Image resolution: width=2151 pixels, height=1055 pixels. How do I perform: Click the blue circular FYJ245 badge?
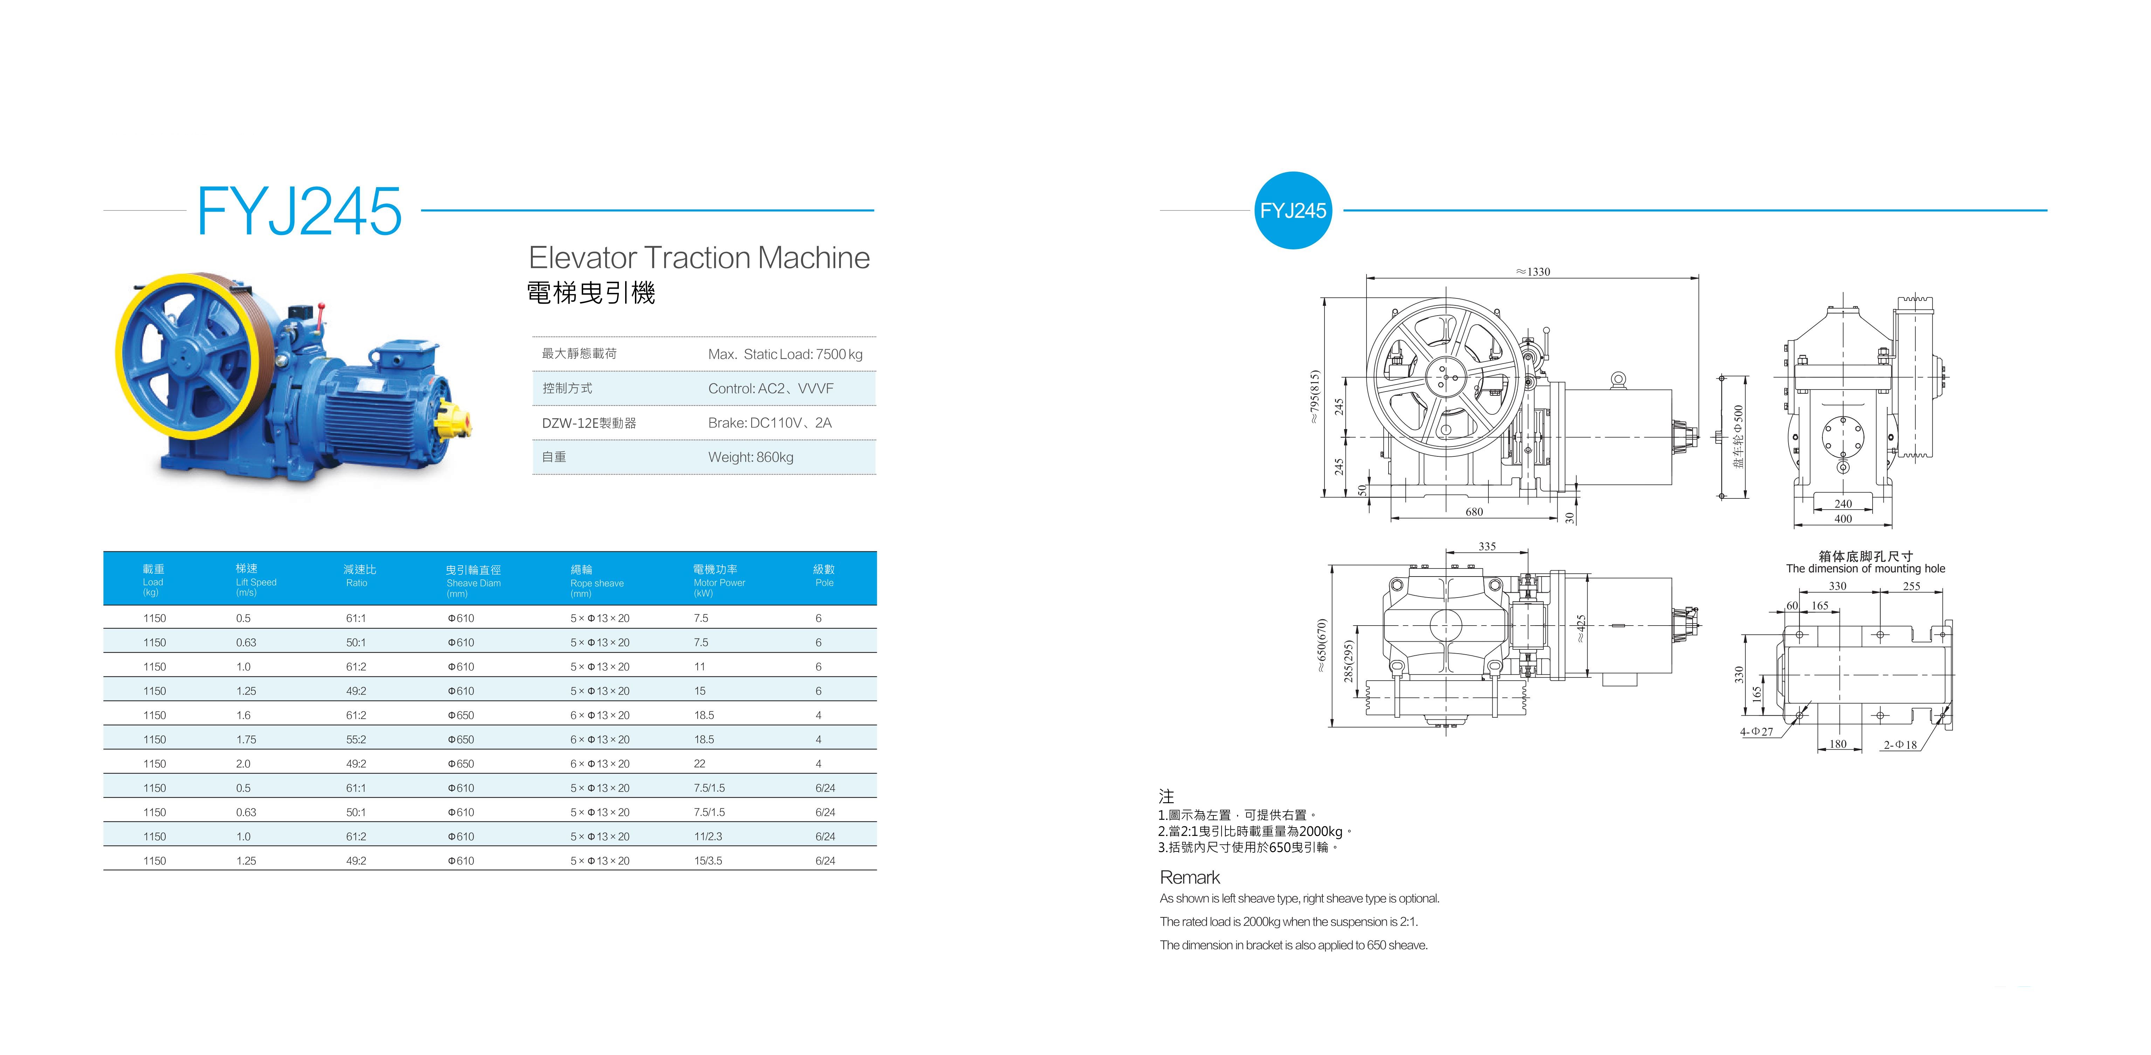coord(1293,211)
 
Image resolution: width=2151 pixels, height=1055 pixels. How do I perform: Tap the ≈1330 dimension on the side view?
coord(1533,271)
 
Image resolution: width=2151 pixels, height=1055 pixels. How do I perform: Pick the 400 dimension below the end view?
coord(1843,519)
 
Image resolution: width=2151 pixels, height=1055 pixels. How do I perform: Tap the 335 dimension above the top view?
coord(1487,546)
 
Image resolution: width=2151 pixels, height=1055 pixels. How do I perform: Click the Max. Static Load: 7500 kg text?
coord(785,354)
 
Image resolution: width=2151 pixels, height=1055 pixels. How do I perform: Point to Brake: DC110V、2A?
coord(770,423)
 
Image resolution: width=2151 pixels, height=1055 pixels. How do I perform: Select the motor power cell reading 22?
coord(700,764)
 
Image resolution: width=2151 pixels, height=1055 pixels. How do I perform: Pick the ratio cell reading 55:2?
coord(356,739)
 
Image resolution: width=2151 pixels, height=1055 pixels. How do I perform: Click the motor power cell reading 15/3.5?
coord(708,860)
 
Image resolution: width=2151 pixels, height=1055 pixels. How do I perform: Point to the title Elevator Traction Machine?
coord(699,257)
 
